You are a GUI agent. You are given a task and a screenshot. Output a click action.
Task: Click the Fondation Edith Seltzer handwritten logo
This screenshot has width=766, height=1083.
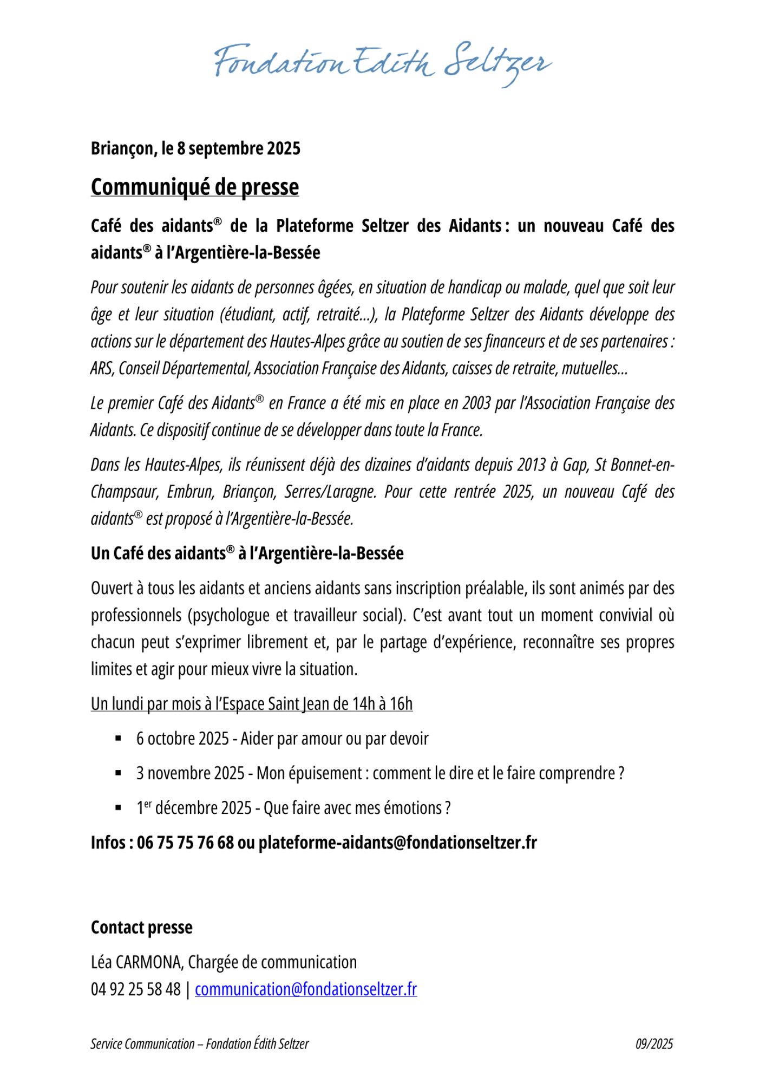(x=383, y=64)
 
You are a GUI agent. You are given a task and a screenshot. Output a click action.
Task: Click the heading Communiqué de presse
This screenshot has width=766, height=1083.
(x=195, y=187)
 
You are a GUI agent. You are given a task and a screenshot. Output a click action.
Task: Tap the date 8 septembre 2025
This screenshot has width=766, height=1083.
(x=238, y=148)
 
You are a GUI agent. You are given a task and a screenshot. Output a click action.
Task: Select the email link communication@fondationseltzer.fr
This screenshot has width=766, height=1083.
(x=306, y=989)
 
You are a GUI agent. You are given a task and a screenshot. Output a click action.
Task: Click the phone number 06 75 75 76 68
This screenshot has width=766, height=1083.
(x=186, y=843)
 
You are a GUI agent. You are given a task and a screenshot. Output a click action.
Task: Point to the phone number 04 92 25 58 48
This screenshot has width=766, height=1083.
(x=135, y=989)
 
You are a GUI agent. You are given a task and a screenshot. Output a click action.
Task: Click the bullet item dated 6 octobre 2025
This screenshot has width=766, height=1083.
(x=282, y=739)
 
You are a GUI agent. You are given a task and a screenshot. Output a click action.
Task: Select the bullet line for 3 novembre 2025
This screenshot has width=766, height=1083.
(x=380, y=773)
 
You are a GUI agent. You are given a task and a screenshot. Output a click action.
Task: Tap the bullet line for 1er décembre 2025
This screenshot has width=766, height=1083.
(x=293, y=808)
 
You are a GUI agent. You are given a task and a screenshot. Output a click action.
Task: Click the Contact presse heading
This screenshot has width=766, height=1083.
(x=142, y=928)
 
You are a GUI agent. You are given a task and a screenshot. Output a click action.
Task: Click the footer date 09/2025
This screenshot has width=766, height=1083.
(x=654, y=1044)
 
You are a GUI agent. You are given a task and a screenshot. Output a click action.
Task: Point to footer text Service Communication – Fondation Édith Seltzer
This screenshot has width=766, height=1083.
(x=200, y=1044)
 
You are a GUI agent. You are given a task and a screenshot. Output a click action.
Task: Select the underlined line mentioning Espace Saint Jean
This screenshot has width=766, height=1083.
(x=252, y=704)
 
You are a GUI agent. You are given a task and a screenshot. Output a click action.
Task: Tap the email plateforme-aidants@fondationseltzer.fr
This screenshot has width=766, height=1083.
(x=397, y=843)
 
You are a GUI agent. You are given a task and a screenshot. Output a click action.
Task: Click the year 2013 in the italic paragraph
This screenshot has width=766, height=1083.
(x=531, y=465)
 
